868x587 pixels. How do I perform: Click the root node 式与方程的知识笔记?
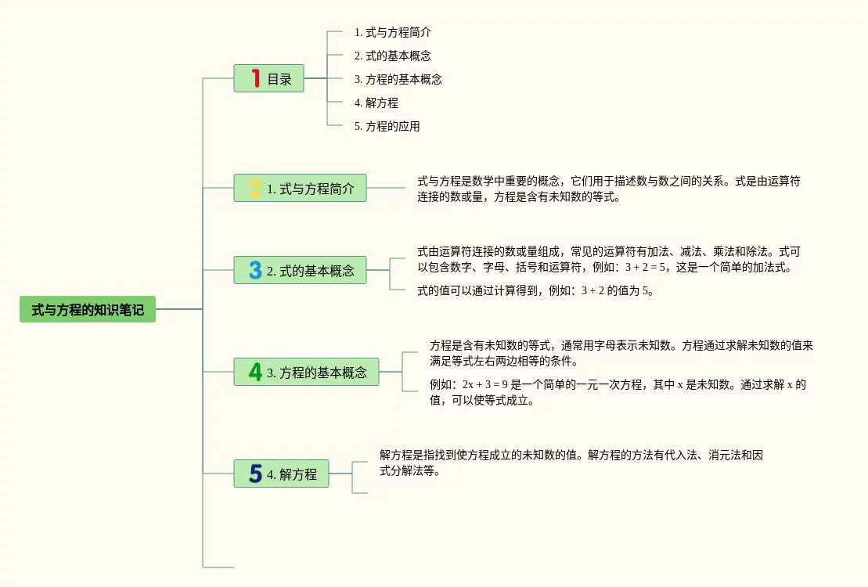[88, 310]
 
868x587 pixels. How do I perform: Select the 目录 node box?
[268, 78]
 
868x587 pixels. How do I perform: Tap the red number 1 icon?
[255, 78]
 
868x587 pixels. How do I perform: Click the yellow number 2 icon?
[255, 188]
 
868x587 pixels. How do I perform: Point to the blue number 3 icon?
[255, 270]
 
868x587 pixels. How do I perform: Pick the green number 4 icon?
[255, 372]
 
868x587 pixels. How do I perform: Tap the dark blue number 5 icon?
[255, 474]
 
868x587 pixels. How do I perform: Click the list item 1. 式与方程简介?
[392, 32]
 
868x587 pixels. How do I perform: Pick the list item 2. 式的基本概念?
[392, 56]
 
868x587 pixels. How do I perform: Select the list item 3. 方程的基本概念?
[398, 79]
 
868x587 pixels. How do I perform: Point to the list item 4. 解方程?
[376, 103]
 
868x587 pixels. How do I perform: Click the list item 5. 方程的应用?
[387, 126]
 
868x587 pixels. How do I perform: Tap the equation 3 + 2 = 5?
[645, 268]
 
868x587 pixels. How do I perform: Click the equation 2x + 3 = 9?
[485, 385]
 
